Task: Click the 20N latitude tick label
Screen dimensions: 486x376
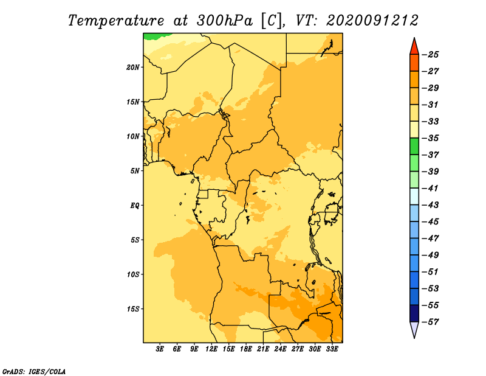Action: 132,68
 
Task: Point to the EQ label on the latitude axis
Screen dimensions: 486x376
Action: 134,206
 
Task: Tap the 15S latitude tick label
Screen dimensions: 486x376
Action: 133,309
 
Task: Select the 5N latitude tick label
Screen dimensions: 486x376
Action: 135,171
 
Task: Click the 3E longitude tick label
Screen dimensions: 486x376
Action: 160,349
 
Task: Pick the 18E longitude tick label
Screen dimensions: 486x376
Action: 246,349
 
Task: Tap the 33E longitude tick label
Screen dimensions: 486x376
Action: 332,349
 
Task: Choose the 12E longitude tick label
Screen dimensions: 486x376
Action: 211,349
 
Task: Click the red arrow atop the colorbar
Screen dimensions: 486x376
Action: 414,47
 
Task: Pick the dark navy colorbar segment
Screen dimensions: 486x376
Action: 414,313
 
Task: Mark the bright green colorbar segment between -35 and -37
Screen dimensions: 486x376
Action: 414,147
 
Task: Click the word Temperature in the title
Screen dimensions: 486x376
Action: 116,21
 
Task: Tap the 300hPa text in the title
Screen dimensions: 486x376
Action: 224,21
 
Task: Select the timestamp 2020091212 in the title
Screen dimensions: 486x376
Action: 372,21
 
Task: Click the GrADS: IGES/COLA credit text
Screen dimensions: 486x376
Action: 34,372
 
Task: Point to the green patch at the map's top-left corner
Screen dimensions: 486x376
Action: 157,36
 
